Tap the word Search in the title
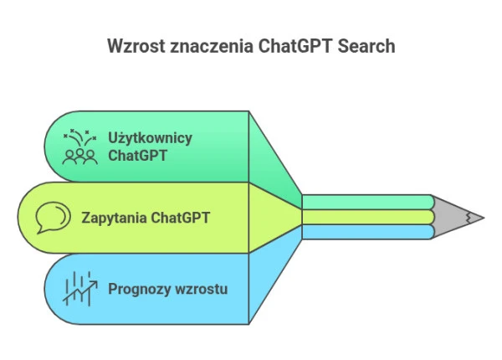point(366,47)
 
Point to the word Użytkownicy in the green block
point(150,137)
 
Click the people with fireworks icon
point(80,146)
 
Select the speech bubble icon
point(52,219)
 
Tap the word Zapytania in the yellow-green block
point(113,219)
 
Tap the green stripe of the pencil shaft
point(368,202)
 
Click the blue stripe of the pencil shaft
point(368,231)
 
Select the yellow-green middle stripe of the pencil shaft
point(368,217)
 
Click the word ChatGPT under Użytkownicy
point(136,156)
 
